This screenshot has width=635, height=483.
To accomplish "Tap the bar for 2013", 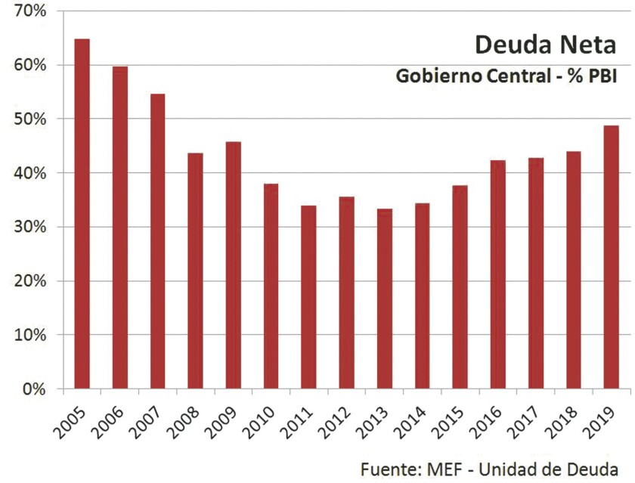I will pyautogui.click(x=384, y=299).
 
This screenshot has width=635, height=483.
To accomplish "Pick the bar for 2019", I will pyautogui.click(x=611, y=257).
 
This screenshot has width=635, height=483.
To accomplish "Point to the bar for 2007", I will pyautogui.click(x=157, y=241).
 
